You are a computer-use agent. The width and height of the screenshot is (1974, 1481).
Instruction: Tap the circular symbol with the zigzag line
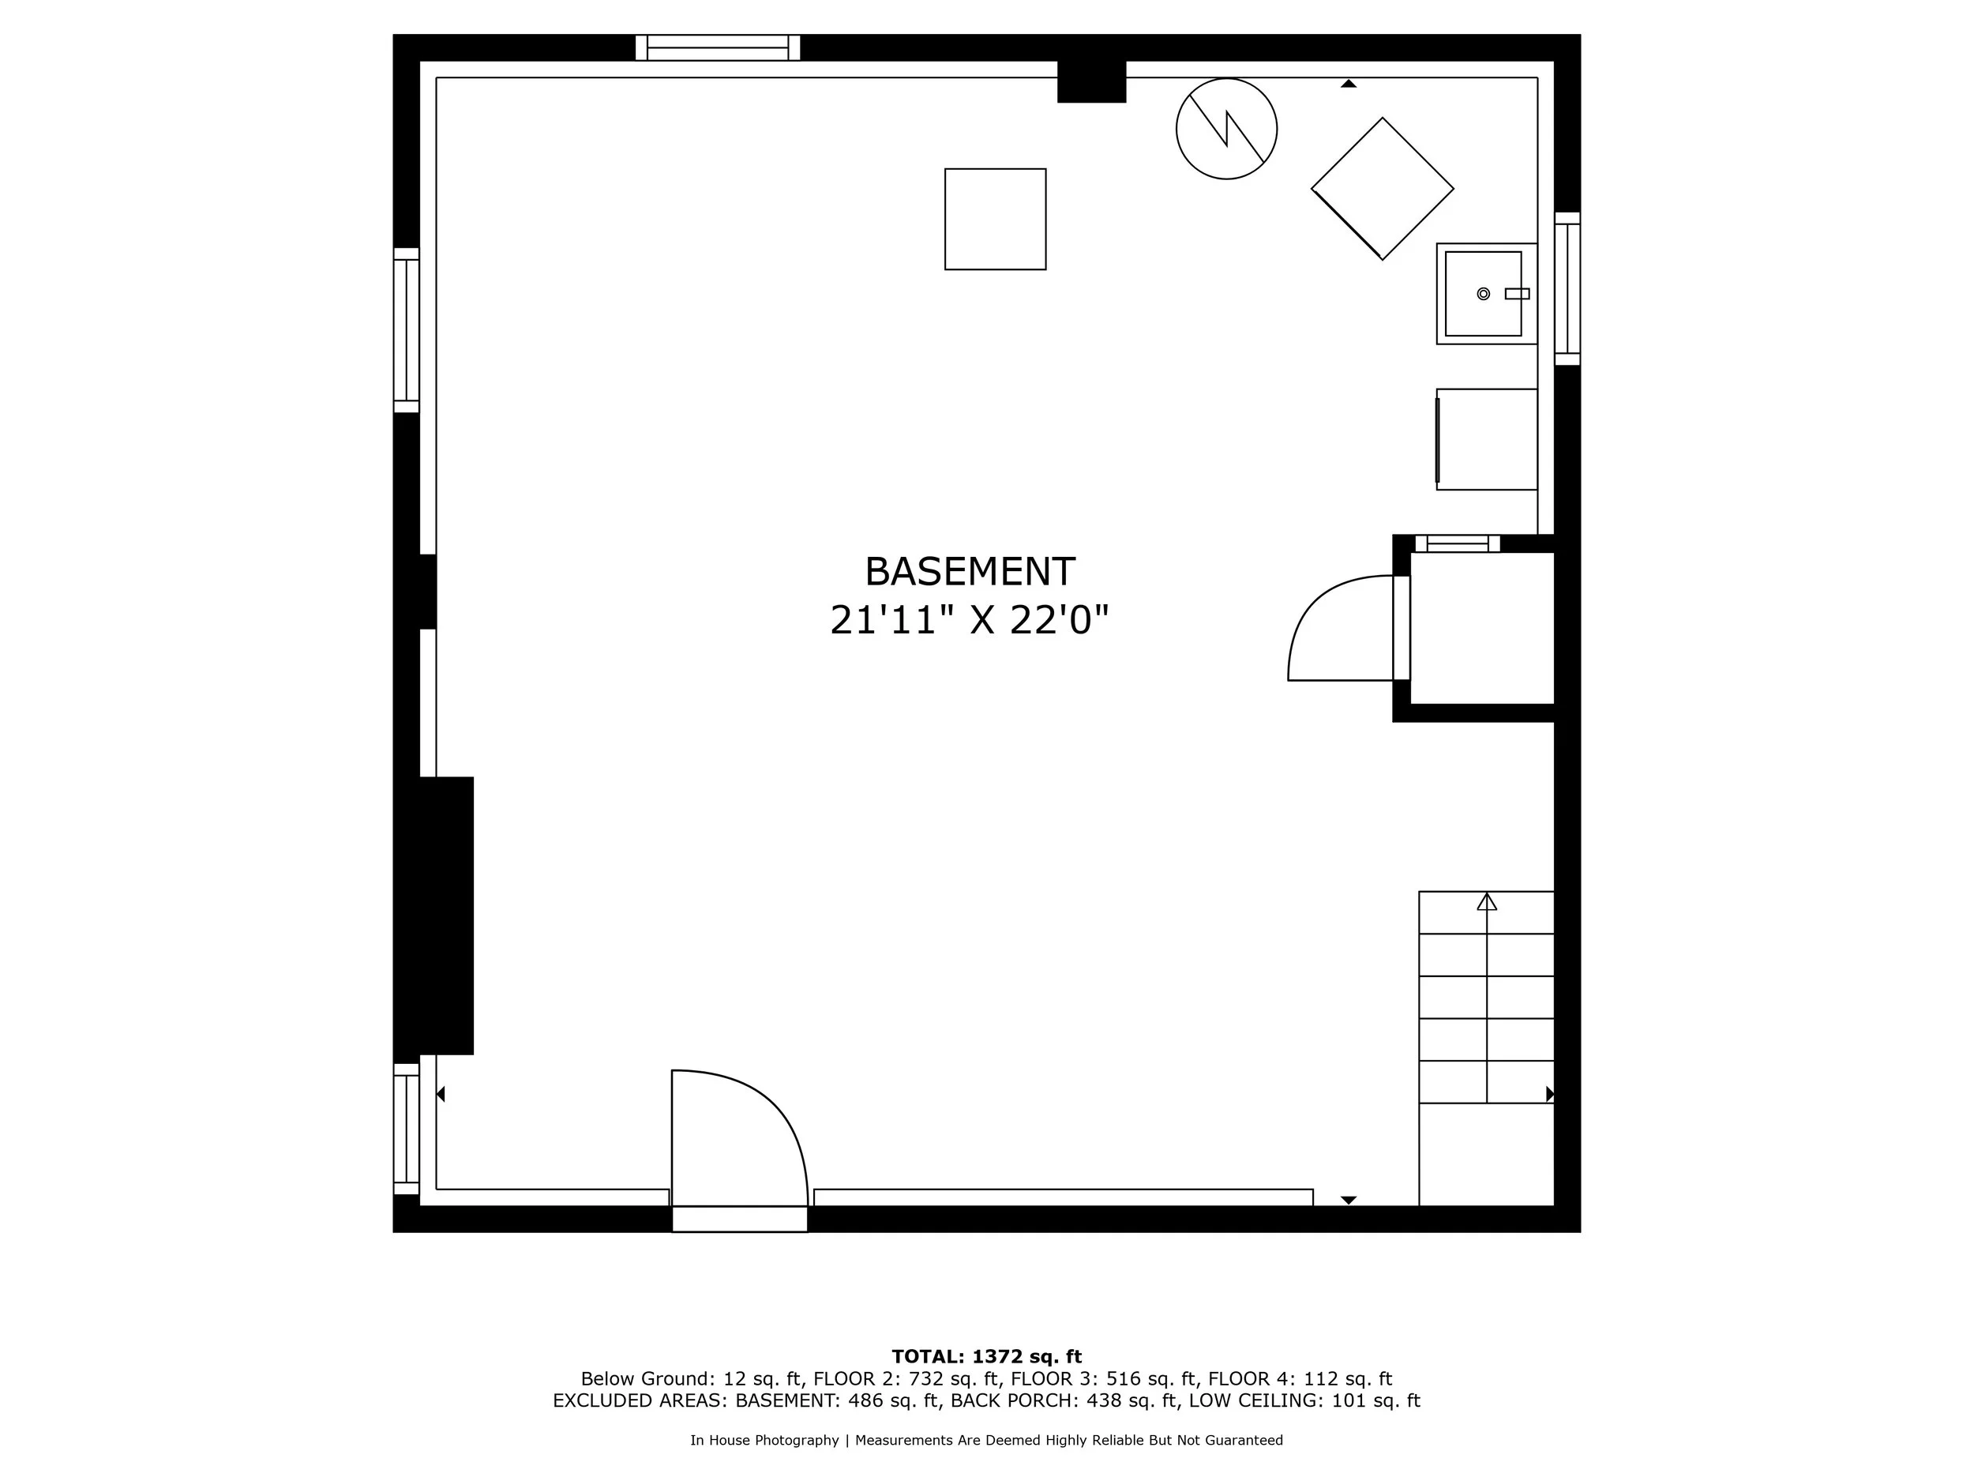1226,129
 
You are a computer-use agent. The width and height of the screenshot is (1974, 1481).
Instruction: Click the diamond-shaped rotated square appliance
1382,188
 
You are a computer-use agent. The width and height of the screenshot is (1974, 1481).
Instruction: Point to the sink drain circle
1483,294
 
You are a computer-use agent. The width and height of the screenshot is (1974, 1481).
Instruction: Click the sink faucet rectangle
1516,294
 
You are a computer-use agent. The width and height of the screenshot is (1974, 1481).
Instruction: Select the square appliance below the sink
1487,439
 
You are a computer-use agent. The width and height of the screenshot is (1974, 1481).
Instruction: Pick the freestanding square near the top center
995,219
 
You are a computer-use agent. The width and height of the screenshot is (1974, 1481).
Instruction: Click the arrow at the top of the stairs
1487,902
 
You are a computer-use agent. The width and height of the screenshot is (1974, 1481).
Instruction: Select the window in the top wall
718,47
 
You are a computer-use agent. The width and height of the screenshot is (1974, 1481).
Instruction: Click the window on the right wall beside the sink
1567,288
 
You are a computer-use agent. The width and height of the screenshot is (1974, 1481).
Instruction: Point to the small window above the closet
1458,543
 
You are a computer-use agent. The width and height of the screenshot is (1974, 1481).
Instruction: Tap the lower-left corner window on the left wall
406,1129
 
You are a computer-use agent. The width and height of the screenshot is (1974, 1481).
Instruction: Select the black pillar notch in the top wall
1091,81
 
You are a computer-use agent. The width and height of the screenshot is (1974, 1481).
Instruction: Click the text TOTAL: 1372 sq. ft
986,1357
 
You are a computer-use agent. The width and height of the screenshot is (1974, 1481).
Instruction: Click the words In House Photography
764,1440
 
